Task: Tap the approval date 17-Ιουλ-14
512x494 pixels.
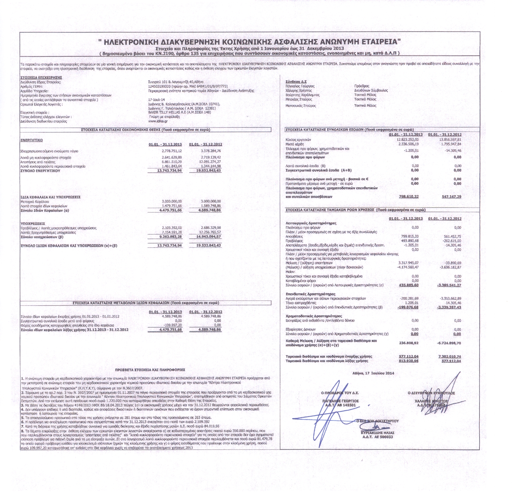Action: tap(156, 100)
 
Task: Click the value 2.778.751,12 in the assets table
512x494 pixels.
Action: tap(172, 151)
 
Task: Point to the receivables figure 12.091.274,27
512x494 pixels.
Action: tap(211, 162)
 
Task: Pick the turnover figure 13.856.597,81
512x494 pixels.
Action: tap(450, 140)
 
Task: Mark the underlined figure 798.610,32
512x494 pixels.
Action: tap(409, 197)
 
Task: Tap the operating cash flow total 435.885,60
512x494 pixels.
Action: tap(408, 285)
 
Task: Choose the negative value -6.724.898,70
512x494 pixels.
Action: tap(449, 343)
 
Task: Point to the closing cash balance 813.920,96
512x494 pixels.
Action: tap(408, 361)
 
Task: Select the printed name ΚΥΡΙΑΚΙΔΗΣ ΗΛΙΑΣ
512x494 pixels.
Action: tap(377, 433)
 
